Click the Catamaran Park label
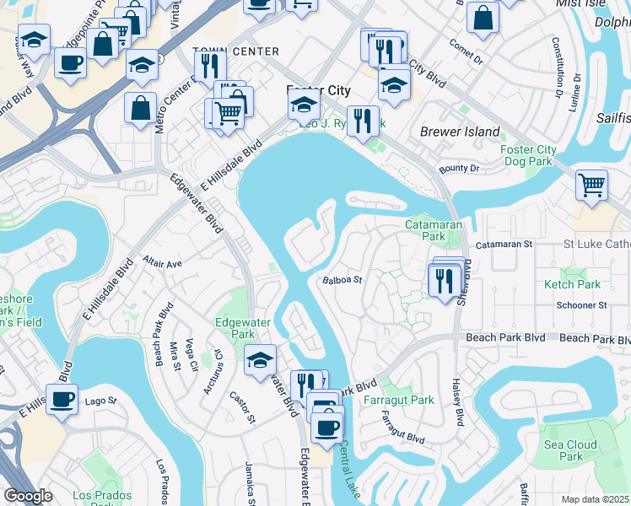431,231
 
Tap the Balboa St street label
342,280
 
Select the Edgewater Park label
234,327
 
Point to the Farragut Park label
398,400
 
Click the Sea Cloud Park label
570,450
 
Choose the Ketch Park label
573,285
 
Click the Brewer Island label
460,132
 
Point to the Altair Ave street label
162,263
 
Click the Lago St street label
100,401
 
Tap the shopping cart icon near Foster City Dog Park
592,184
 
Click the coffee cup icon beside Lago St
62,398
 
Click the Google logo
28,496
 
